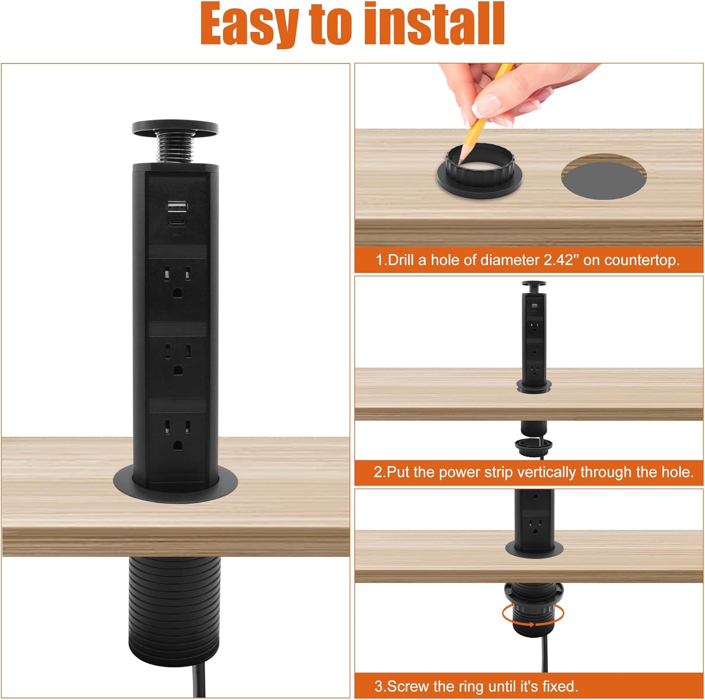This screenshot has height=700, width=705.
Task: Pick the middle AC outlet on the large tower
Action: pos(177,359)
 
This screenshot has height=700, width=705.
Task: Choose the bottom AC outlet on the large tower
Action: pos(177,435)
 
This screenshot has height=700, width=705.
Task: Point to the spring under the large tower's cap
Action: pos(175,148)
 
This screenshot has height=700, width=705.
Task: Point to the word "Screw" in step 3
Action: pos(408,686)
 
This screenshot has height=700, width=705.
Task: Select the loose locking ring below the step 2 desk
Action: pos(533,446)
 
